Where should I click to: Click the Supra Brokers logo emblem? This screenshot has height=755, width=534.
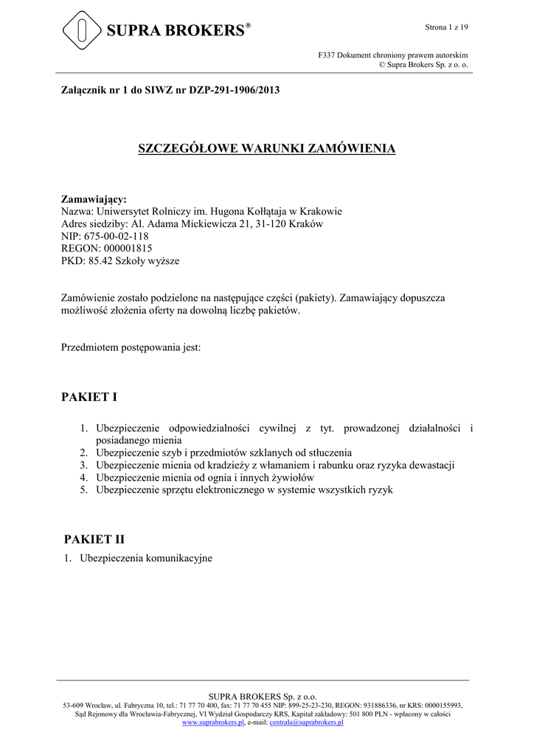(81, 29)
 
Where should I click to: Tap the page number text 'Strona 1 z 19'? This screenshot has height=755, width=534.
(447, 27)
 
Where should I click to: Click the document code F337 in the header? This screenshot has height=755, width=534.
(327, 55)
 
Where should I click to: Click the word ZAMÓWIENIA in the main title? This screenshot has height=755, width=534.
(347, 149)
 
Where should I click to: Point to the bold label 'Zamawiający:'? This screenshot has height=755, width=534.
(93, 199)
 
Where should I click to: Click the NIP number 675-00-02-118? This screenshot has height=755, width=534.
(117, 236)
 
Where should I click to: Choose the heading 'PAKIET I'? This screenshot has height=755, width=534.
(91, 397)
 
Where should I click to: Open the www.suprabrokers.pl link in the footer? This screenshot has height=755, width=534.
(212, 723)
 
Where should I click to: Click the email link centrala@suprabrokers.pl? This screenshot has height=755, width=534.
(306, 723)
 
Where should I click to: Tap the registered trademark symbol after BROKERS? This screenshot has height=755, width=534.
(249, 25)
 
